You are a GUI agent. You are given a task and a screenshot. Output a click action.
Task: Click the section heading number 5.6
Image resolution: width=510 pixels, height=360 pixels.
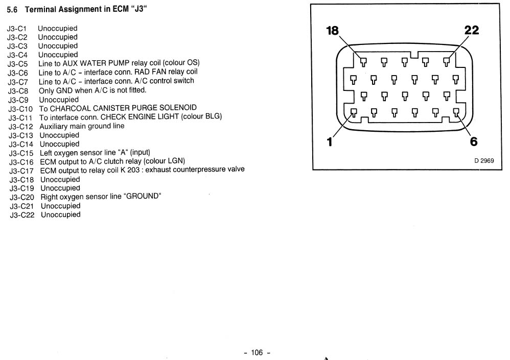[12, 10]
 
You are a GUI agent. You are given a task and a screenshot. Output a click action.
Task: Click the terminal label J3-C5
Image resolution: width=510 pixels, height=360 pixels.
[17, 64]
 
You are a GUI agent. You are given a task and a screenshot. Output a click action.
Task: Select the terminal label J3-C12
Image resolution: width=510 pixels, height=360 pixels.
[21, 127]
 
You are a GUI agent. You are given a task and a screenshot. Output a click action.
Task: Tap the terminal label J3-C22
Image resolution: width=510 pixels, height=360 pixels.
[22, 215]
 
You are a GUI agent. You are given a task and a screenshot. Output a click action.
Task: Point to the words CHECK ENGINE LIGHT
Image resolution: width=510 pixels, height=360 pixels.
[140, 116]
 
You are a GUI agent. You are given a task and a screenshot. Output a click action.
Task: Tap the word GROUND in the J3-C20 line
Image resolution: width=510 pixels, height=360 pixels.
[142, 196]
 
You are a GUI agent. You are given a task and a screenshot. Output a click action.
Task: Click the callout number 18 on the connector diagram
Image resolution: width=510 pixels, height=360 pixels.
[332, 31]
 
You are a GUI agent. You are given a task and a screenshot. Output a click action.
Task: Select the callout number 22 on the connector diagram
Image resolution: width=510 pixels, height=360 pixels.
[472, 30]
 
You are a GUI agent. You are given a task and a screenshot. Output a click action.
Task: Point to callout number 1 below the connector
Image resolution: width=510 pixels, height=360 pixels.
[330, 142]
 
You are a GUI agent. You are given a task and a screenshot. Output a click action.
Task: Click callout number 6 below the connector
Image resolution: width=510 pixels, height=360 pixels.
[474, 141]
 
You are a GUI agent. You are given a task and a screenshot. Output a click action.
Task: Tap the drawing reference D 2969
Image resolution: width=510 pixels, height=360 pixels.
[484, 160]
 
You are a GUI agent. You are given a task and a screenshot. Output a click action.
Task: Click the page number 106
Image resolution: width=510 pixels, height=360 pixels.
[257, 352]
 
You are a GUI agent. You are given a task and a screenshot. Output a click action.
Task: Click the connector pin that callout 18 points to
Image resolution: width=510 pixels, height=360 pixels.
[363, 62]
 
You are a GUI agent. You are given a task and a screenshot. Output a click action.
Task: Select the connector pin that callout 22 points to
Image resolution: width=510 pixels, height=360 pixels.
[446, 62]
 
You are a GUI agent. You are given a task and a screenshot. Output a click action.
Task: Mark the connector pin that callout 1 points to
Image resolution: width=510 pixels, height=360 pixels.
[354, 113]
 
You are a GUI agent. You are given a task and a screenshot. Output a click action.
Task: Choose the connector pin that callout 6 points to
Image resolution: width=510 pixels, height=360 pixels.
[456, 113]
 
